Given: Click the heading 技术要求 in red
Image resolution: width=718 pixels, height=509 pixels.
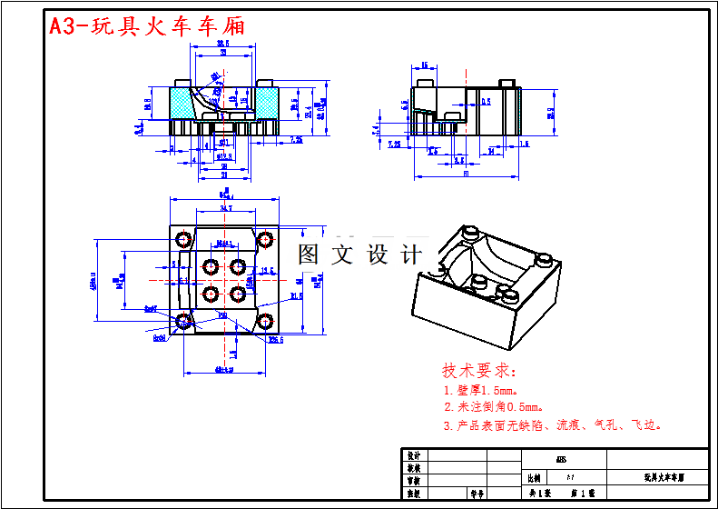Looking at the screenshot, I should (x=479, y=371).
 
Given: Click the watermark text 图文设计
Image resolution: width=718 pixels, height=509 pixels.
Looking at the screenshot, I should (x=360, y=255).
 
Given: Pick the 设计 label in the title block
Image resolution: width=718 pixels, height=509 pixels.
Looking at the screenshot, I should (x=414, y=454).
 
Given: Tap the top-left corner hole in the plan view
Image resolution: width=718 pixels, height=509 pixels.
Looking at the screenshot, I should (x=183, y=239).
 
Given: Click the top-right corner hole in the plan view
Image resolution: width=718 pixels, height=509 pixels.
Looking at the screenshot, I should (x=265, y=240).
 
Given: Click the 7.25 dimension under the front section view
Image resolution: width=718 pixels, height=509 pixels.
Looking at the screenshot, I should (x=296, y=139).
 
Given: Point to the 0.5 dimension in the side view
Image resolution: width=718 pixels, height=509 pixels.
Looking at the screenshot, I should (x=487, y=102).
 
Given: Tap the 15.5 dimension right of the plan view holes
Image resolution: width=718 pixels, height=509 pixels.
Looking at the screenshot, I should (x=267, y=270).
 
